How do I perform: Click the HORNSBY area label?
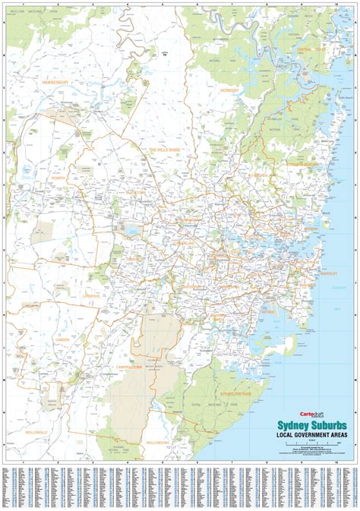pyautogui.click(x=231, y=90)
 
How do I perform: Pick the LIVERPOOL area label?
pyautogui.click(x=92, y=295)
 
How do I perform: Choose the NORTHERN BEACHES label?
pyautogui.click(x=302, y=164)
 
